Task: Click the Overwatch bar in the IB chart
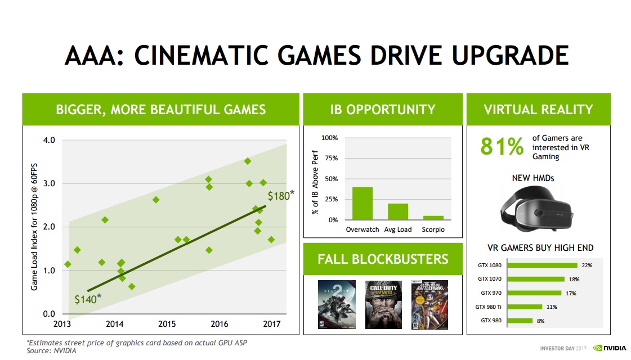coord(362,203)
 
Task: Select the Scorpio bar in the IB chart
coord(433,217)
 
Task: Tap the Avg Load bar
coord(397,211)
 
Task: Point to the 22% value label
coord(587,265)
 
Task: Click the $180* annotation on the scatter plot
coord(280,196)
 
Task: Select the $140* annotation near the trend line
coord(88,299)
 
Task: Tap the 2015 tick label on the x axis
coord(167,324)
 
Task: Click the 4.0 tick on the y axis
coord(48,140)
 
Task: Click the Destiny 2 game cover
coord(337,304)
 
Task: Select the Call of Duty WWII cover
coord(384,304)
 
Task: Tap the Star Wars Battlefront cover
coord(431,304)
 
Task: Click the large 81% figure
coord(502,147)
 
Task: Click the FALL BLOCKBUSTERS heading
coord(383,259)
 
